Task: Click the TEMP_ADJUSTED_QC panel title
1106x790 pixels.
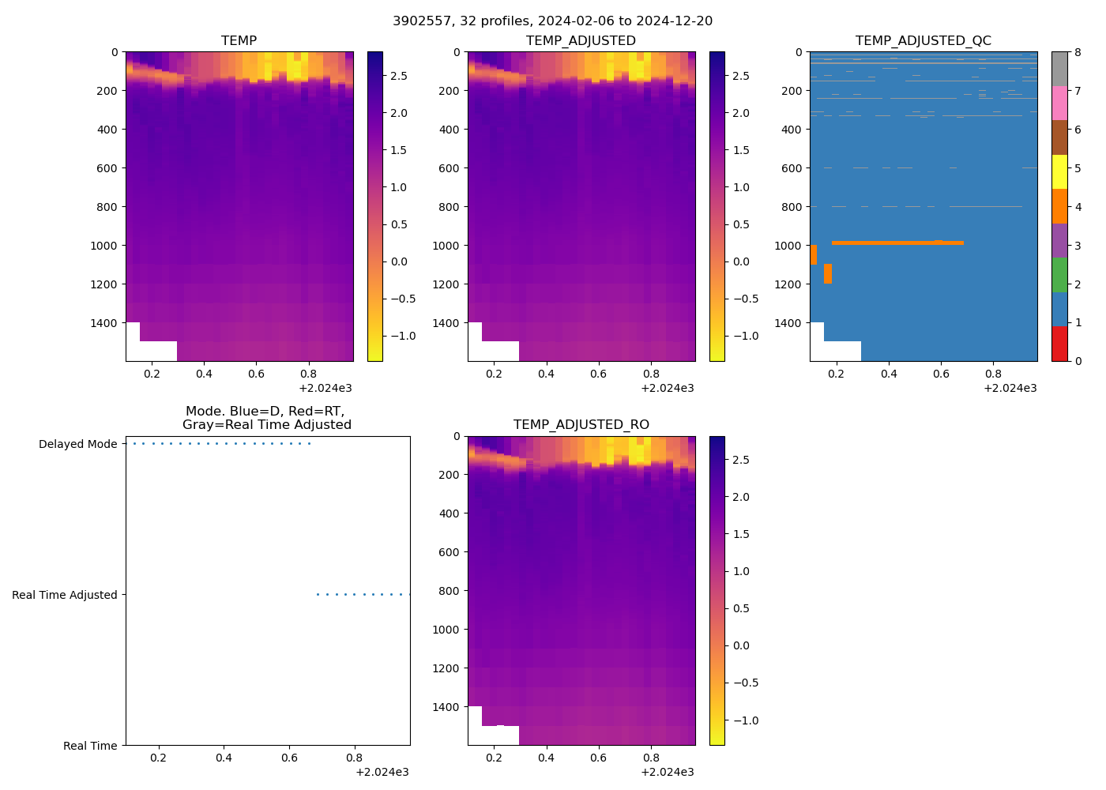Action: (x=923, y=40)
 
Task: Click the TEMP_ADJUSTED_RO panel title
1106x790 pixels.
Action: (x=581, y=424)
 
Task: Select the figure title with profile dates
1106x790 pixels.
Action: (x=552, y=21)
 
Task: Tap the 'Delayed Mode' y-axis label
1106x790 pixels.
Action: (x=77, y=444)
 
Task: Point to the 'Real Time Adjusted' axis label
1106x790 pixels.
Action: (x=65, y=595)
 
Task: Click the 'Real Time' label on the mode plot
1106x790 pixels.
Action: (x=90, y=746)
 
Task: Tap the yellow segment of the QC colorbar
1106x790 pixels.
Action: (x=1059, y=172)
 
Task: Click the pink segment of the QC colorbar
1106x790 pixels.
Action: (x=1059, y=103)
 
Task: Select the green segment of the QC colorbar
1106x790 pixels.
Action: (x=1059, y=275)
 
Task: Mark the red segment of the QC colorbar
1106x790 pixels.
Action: (x=1059, y=344)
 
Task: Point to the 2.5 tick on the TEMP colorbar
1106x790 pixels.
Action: (x=398, y=76)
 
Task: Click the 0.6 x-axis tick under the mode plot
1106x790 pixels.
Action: (x=289, y=758)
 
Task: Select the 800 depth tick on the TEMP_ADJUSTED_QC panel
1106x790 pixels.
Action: (x=792, y=207)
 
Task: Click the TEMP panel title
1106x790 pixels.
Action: (x=239, y=40)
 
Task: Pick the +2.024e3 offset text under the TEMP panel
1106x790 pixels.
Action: (x=325, y=388)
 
